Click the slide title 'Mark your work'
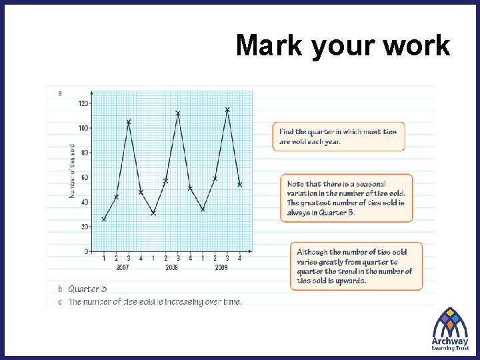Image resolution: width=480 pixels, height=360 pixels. [343, 45]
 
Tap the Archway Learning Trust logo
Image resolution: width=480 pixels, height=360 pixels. [450, 329]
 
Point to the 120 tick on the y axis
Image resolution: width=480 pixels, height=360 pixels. [83, 103]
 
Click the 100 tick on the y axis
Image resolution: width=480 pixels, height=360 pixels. [83, 128]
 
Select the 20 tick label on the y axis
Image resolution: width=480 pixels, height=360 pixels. [84, 227]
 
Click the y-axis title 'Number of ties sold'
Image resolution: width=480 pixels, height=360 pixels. [72, 171]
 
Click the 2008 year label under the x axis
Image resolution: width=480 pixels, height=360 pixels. [171, 267]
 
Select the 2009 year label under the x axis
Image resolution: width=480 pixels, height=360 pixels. [221, 267]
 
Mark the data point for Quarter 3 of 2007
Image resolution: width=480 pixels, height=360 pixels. [129, 122]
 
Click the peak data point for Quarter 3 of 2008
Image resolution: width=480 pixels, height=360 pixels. [178, 113]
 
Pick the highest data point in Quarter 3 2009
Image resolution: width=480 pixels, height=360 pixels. [227, 109]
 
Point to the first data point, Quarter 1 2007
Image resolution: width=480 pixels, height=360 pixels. [104, 219]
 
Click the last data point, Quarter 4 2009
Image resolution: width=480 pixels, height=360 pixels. [240, 185]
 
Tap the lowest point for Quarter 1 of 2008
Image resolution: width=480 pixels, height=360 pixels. [153, 213]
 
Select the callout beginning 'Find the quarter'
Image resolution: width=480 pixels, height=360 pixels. [339, 136]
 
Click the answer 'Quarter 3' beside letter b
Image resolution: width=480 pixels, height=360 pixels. [87, 289]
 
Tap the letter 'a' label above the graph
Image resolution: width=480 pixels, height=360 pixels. [60, 93]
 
